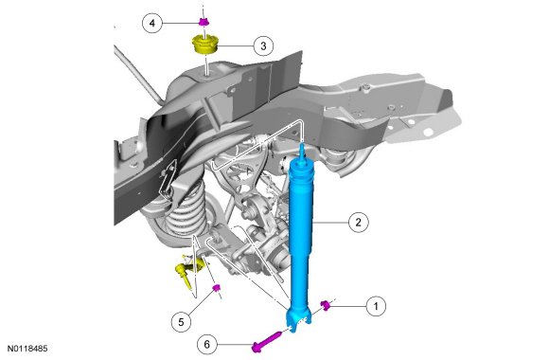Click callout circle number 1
coord(376,306)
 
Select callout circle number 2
coord(358,222)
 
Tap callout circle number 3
coord(263,45)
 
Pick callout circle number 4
coord(152,23)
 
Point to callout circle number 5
coord(181,322)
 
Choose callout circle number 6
coord(207,345)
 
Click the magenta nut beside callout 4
coord(204,22)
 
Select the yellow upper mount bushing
coord(205,45)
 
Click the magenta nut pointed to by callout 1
coord(326,305)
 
